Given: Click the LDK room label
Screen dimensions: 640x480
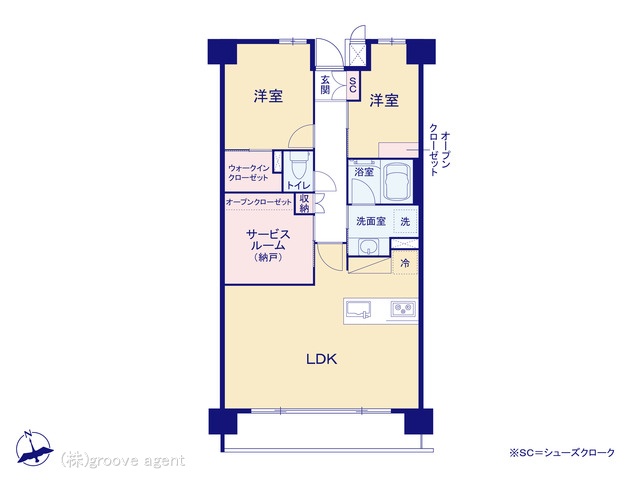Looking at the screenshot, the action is point(322,359).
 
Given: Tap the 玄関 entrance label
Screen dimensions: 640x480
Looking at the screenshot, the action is point(325,85).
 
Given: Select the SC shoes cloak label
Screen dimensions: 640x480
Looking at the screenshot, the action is point(353,85).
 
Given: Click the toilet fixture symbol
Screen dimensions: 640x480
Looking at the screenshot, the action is point(295,166).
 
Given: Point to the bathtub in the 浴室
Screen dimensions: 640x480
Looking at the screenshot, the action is point(397,181).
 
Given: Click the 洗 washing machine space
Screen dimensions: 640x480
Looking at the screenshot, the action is point(405,222).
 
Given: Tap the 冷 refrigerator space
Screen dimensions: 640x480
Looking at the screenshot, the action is point(405,263).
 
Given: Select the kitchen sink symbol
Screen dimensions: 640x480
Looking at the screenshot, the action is point(359,310).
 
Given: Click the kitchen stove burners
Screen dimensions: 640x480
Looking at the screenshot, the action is point(403,309).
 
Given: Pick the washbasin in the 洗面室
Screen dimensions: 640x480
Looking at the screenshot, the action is point(368,247).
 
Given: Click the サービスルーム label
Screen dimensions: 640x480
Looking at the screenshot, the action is point(268,240).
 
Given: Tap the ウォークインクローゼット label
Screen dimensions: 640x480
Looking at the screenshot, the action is point(249,173).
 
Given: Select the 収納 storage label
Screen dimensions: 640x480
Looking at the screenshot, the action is point(304,203).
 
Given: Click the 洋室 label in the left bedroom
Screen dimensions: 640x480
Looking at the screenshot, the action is point(268,97).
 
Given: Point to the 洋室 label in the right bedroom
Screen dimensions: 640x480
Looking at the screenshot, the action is point(384,100).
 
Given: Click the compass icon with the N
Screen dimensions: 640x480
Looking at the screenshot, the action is point(34,449).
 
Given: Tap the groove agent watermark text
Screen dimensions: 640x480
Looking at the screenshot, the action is point(122,461).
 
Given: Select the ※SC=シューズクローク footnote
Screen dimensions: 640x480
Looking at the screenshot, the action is point(562,453).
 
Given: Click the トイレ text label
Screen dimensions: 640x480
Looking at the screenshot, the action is point(298,185).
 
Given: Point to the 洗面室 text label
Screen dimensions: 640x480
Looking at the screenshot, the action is point(371,221).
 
